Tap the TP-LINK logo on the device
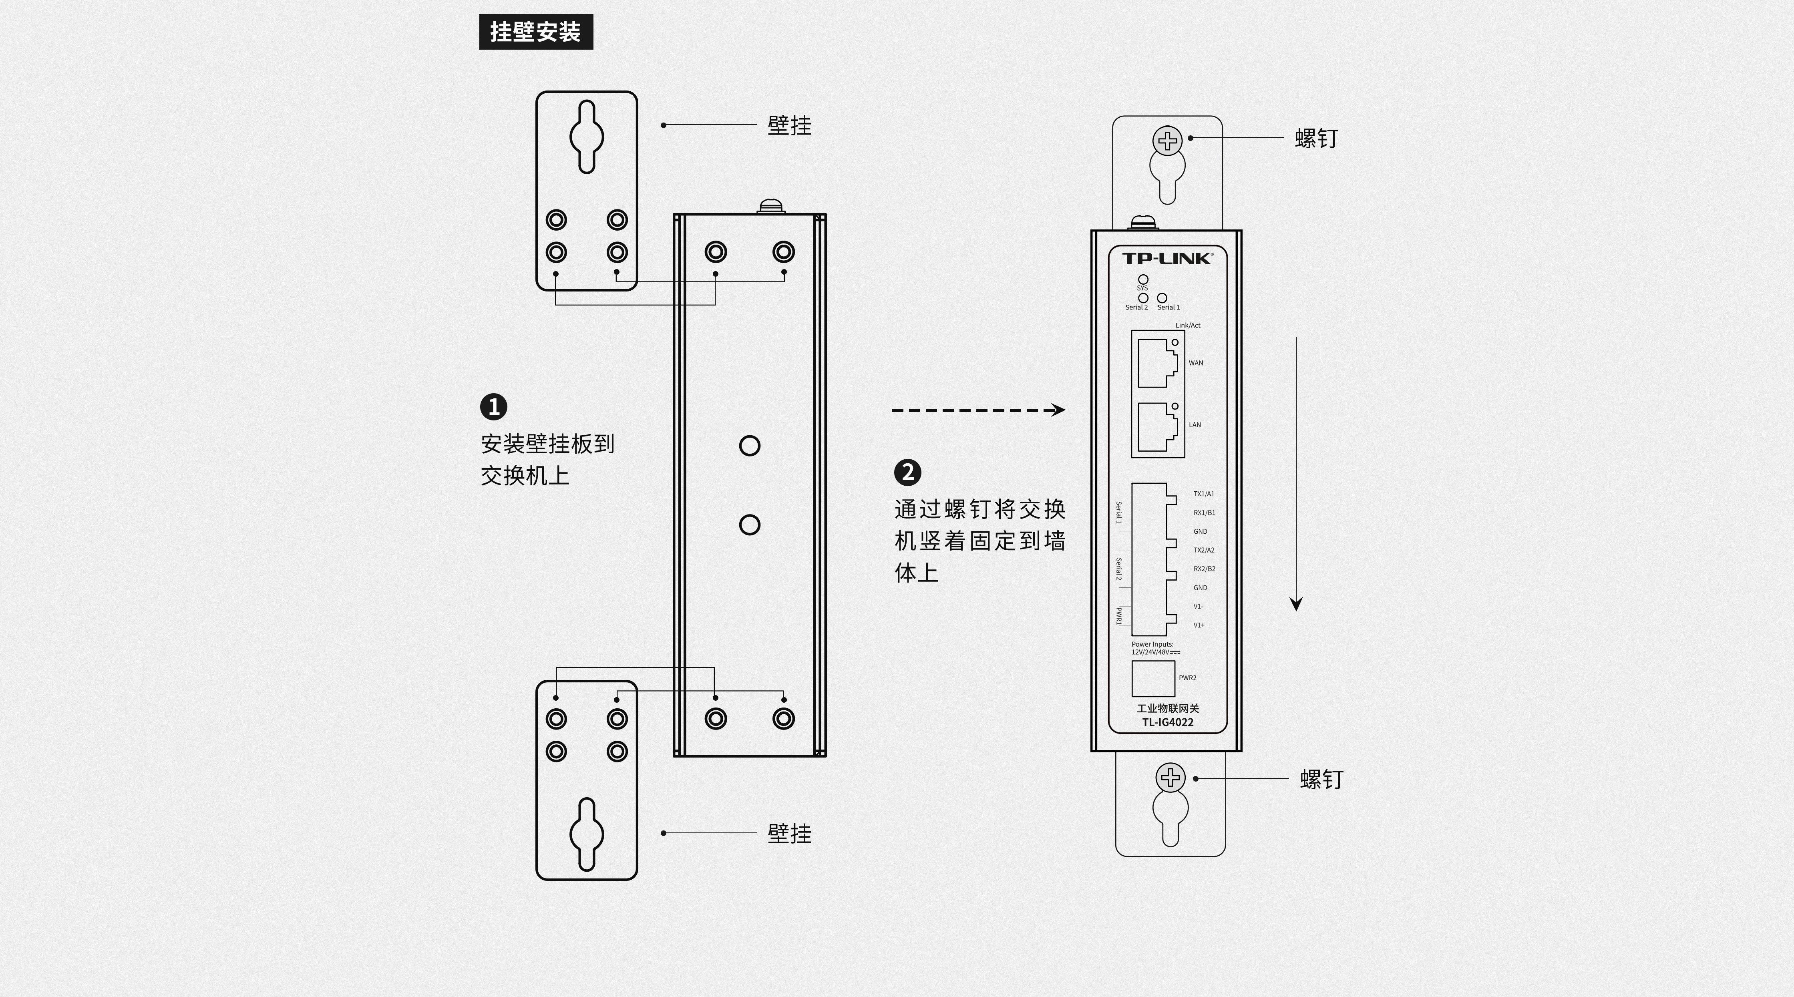[x=1167, y=258]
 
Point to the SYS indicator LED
[x=1143, y=279]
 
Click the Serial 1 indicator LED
[x=1162, y=298]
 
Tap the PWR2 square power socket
[x=1153, y=679]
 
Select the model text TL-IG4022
[x=1168, y=722]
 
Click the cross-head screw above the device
[x=1168, y=141]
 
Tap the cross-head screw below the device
[x=1171, y=778]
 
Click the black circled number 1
[x=494, y=406]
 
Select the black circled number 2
[x=907, y=472]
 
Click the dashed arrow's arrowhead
[x=1058, y=410]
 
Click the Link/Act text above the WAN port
[x=1188, y=325]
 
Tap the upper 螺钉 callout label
[x=1316, y=138]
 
